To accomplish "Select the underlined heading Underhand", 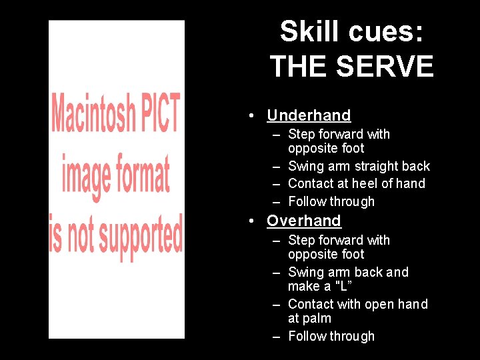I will tap(309, 115).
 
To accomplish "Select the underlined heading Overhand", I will tap(304, 221).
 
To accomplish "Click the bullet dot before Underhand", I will tap(249, 116).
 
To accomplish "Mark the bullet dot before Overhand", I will tap(249, 221).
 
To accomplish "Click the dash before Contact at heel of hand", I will tap(276, 184).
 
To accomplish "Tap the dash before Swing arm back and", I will tap(276, 273).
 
